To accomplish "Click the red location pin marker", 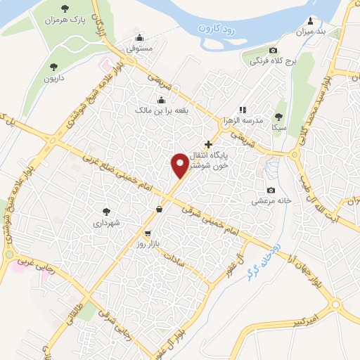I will coord(181,166).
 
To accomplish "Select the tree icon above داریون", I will coord(53,67).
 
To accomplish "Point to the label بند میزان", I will coord(312,31).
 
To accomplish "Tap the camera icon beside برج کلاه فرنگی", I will coord(273,50).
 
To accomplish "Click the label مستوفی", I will coord(139,50).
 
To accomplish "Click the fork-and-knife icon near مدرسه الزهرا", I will coord(243,110).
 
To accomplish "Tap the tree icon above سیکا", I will coord(279,116).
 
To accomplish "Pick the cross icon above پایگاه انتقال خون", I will coord(207,144).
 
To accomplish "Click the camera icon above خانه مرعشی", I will coord(271,191).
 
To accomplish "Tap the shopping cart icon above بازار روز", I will coord(147,233).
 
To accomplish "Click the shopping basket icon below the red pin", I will coord(160,209).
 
